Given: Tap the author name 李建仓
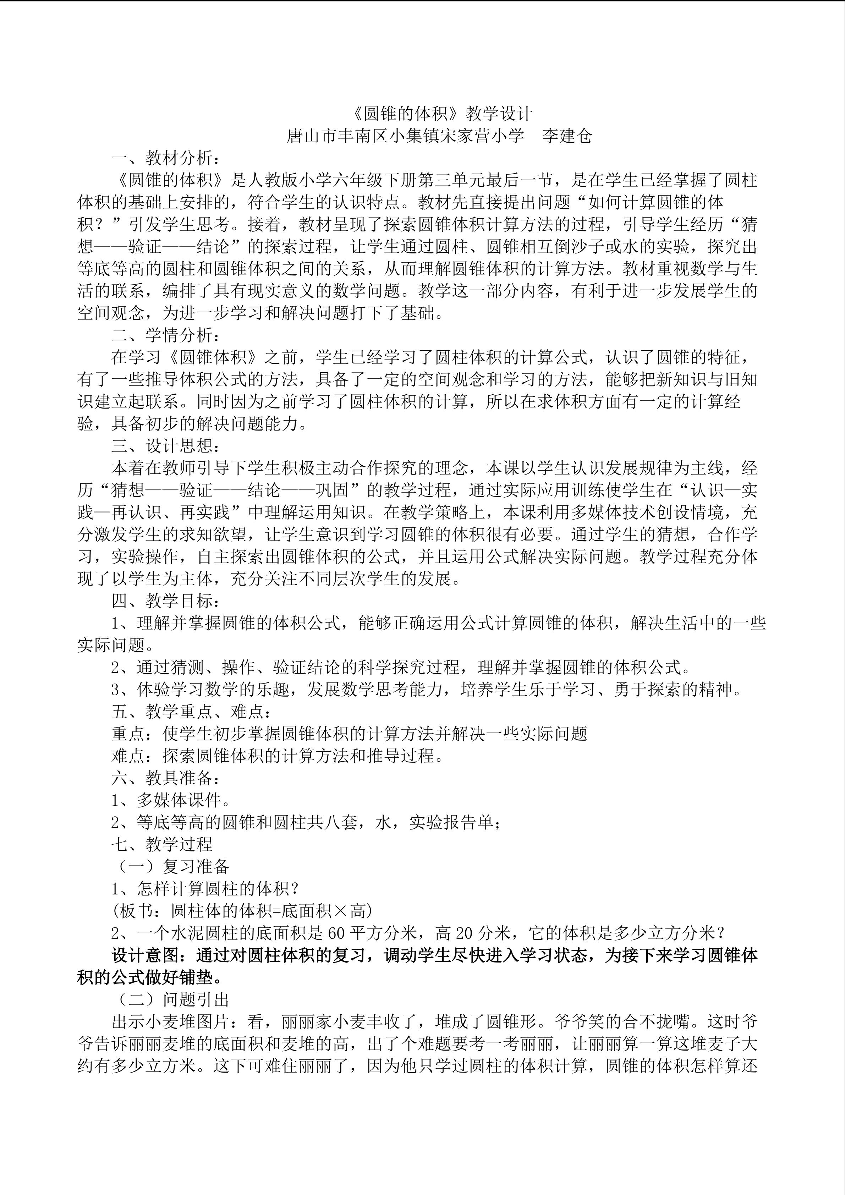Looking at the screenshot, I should (567, 136).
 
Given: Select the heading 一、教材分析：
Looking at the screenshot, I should (162, 158).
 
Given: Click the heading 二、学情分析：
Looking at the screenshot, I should (162, 335).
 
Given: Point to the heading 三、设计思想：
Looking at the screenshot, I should (162, 446).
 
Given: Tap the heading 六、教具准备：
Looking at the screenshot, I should (162, 779).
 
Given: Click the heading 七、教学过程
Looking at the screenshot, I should (162, 845).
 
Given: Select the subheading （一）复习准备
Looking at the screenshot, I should (170, 867).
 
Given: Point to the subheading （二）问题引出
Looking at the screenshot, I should (170, 1000).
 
